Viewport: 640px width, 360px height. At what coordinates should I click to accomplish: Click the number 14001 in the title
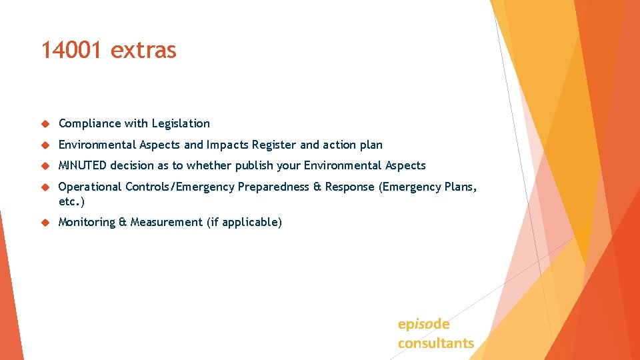pos(71,50)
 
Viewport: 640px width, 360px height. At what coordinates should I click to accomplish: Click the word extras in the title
pos(143,50)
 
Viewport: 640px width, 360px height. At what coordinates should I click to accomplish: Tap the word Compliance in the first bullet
pos(89,123)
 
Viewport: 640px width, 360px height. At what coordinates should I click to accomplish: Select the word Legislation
pos(181,123)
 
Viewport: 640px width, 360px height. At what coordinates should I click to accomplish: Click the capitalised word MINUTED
pos(83,165)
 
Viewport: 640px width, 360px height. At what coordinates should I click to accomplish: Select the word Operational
pos(89,187)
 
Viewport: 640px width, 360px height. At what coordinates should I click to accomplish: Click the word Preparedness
pos(273,187)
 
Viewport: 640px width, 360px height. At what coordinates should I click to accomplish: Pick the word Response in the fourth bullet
pos(350,187)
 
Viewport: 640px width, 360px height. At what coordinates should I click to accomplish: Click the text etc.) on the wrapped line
pos(72,201)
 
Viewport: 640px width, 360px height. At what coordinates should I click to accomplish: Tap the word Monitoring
pos(87,222)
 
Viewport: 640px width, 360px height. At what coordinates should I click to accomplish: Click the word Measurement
pos(167,222)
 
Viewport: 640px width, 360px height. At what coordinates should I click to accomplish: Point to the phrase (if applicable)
pos(244,222)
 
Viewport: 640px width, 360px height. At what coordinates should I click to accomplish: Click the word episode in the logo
pos(424,324)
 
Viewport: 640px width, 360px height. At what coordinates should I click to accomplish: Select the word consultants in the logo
pos(436,343)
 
